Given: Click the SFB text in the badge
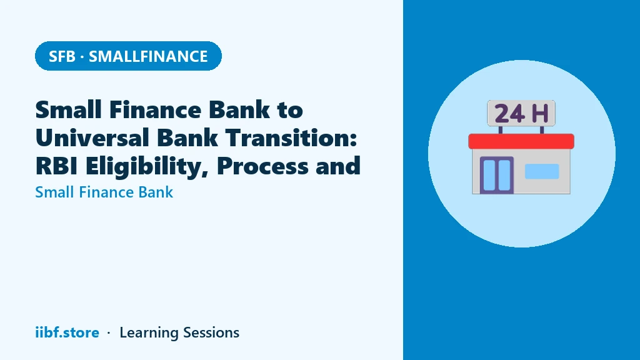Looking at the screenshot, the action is [x=62, y=56].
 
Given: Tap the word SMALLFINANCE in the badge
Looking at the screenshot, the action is [x=148, y=56].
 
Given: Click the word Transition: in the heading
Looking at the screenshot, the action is [x=291, y=137].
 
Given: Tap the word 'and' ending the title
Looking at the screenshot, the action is [x=338, y=166].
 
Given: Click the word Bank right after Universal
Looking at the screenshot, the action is [x=187, y=137].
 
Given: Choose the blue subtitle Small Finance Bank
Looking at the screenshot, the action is [x=104, y=192].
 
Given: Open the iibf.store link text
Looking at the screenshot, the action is [x=67, y=332].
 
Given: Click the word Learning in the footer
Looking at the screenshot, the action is [x=149, y=333].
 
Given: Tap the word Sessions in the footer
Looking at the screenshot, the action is [x=211, y=332].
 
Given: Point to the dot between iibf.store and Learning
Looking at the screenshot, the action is [x=109, y=333].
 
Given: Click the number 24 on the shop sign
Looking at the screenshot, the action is [x=509, y=114].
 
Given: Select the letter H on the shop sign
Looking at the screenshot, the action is [x=540, y=114].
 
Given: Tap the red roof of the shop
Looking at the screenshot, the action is [x=521, y=141].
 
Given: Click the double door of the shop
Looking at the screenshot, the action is [x=497, y=175].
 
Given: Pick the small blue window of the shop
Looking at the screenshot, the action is [x=542, y=171].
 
